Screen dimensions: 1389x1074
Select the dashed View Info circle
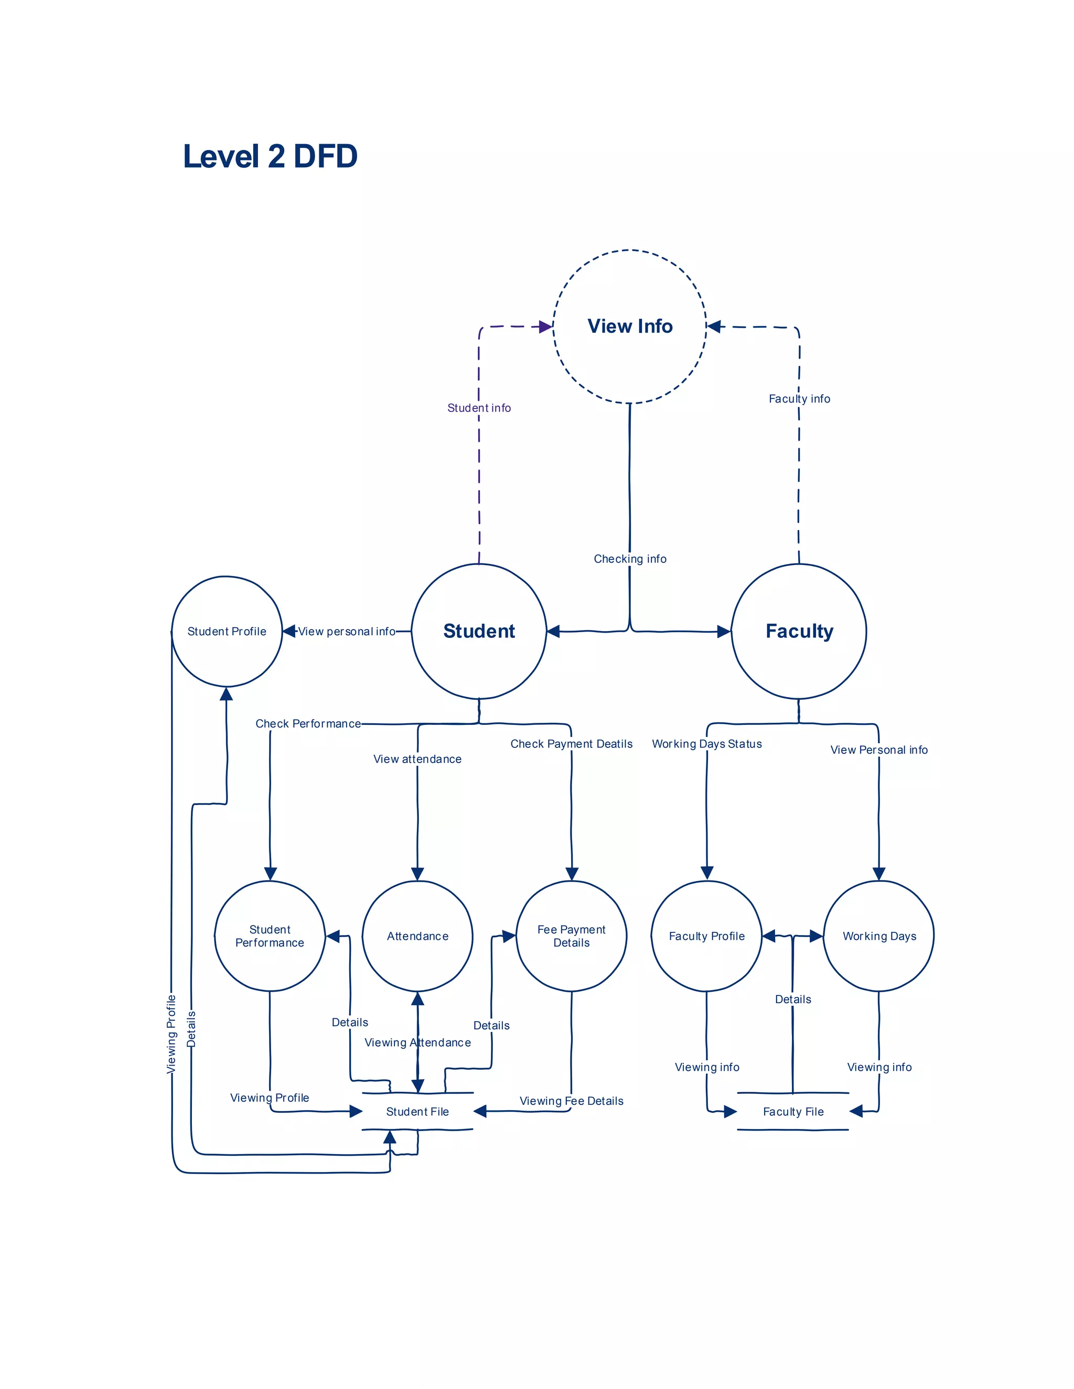629,326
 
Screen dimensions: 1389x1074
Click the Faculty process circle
799,631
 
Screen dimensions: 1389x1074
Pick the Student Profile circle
227,631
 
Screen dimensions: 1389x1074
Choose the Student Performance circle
270,936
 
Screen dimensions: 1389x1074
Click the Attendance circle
417,936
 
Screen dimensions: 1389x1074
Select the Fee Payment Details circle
572,936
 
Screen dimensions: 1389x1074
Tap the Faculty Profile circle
706,936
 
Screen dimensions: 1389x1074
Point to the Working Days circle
879,936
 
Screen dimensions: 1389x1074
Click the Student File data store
417,1111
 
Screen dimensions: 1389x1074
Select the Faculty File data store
793,1111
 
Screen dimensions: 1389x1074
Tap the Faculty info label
799,399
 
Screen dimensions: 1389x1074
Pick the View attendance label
417,759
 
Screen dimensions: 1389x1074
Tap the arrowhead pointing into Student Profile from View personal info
289,631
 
